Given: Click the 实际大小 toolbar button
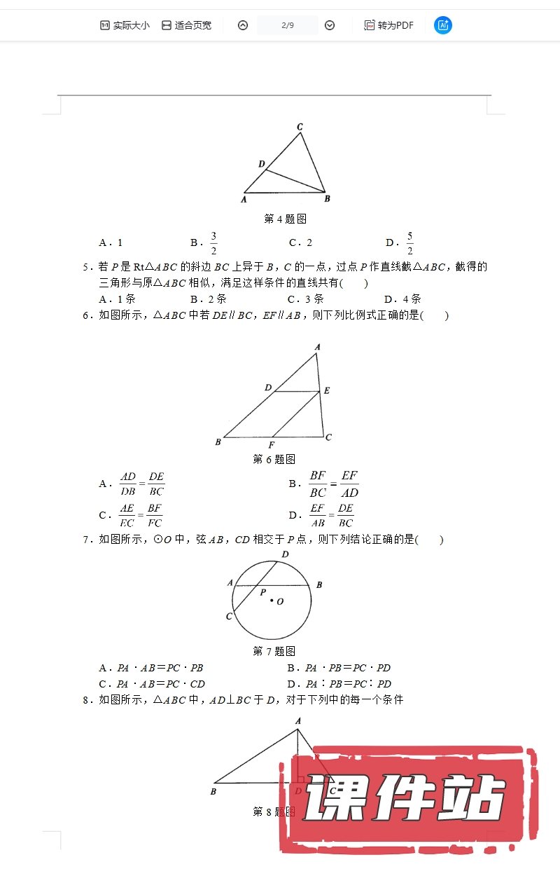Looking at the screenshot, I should coord(125,25).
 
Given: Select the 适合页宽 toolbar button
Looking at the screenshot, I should coord(186,25).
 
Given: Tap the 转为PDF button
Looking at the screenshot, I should coord(388,25).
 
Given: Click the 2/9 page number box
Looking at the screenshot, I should coord(287,25).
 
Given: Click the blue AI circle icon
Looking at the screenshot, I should coord(442,25).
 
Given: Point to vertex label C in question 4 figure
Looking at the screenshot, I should coord(300,127).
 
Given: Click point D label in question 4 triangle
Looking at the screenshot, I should coord(261,164).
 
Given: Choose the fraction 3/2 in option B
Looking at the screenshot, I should coord(213,242).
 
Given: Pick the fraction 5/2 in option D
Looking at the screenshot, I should coord(409,242).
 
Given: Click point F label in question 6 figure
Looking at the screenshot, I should coord(272,445).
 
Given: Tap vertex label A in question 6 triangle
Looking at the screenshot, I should coord(317,347).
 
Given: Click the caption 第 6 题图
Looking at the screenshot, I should coord(274,459).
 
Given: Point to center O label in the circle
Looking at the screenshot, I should coord(280,601).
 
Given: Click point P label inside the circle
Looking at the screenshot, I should coord(262,592).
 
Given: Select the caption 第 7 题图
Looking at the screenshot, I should coord(274,652).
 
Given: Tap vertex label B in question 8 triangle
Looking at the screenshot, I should coord(213,791).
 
